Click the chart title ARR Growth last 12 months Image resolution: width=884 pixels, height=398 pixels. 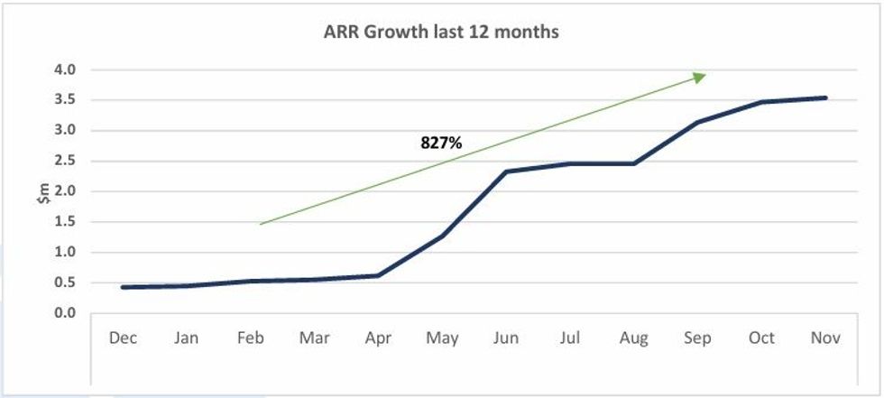tap(441, 32)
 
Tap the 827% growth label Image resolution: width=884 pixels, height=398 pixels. tap(441, 142)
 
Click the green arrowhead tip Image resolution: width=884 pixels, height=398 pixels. tap(704, 76)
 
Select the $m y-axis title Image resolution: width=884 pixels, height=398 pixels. tap(43, 191)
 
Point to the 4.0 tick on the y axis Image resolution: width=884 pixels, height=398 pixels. tap(64, 69)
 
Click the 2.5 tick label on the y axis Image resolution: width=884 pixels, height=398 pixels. tap(64, 161)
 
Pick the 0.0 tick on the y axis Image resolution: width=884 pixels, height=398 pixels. tap(64, 313)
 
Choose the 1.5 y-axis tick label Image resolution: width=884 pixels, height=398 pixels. tap(64, 222)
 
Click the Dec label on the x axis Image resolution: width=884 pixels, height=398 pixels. tap(122, 338)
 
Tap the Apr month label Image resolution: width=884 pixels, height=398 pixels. tap(377, 338)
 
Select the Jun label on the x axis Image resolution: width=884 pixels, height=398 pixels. tap(506, 338)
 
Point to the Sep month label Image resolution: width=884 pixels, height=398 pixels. tap(697, 338)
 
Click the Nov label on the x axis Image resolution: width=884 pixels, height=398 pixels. tap(825, 338)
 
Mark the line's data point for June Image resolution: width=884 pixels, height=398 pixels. tap(506, 171)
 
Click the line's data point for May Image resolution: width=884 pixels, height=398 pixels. tap(442, 236)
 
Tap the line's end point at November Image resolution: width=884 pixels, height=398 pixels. tap(825, 97)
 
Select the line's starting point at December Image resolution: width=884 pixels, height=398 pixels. tap(122, 287)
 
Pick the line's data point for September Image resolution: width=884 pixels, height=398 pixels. tap(697, 122)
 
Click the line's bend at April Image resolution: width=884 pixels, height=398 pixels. tap(377, 275)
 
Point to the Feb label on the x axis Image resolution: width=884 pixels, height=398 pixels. tap(250, 338)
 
